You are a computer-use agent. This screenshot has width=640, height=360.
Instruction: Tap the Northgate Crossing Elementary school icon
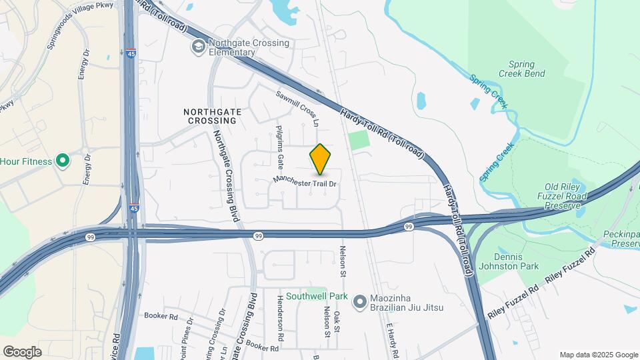click(x=197, y=46)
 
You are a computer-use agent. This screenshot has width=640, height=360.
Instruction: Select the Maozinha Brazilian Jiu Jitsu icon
click(x=360, y=302)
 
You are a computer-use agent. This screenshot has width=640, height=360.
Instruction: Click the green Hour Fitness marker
click(x=62, y=161)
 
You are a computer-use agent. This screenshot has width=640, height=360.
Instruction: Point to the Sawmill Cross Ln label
click(x=299, y=109)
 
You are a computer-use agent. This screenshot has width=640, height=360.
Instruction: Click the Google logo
click(x=22, y=352)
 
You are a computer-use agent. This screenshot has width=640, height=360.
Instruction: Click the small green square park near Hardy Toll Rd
click(x=359, y=140)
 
